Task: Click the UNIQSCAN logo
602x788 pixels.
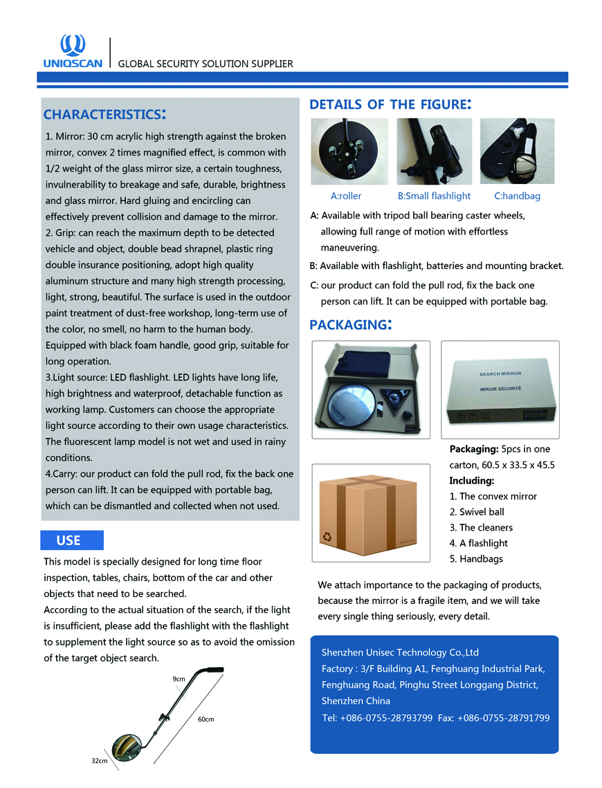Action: [x=73, y=51]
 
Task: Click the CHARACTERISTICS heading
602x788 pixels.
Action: [x=104, y=114]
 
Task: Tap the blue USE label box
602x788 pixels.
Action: [x=72, y=540]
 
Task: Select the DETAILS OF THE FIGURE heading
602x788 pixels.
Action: [x=390, y=104]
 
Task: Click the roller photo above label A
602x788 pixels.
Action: [x=349, y=152]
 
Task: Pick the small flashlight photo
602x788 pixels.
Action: [x=434, y=152]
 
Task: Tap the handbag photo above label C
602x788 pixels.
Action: [x=517, y=152]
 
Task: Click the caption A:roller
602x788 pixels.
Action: [x=346, y=196]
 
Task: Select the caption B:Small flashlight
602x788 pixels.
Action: [x=434, y=196]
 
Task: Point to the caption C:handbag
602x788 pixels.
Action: [x=517, y=196]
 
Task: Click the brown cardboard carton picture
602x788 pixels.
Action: [x=371, y=512]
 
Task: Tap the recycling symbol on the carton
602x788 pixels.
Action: [x=327, y=537]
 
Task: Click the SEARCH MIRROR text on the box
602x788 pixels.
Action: [x=500, y=374]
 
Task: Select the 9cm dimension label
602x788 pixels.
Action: [x=179, y=679]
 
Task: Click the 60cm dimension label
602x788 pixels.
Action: [x=206, y=720]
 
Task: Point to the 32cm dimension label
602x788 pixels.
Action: [x=100, y=761]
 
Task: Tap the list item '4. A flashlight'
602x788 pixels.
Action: [x=478, y=543]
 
